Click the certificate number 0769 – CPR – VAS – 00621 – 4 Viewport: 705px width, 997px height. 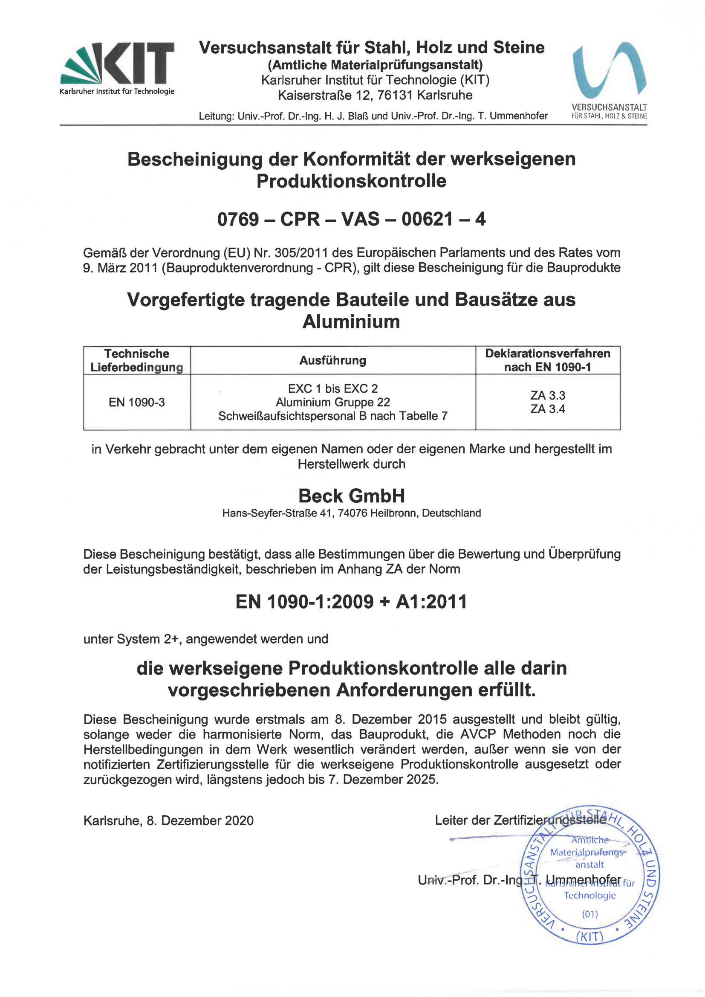(x=351, y=219)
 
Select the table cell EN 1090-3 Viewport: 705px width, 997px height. (x=137, y=403)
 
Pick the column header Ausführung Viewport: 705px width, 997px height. (x=332, y=360)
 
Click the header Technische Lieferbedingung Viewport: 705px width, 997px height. (x=137, y=360)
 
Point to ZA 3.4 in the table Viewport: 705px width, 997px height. (x=547, y=409)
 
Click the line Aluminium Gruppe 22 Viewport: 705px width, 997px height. (x=332, y=402)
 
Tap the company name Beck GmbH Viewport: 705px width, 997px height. (x=351, y=496)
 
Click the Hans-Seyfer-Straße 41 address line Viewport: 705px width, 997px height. (x=351, y=513)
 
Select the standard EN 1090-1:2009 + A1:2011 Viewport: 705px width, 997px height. (x=351, y=602)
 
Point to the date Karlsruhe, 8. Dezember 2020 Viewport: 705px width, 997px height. (x=168, y=821)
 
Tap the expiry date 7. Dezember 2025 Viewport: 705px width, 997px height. (x=382, y=780)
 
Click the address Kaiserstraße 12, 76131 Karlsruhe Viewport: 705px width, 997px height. (x=375, y=95)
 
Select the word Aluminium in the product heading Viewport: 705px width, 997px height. (x=351, y=322)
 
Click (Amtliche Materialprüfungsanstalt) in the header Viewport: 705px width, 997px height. (x=375, y=65)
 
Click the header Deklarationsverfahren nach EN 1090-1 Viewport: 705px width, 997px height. (x=547, y=360)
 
